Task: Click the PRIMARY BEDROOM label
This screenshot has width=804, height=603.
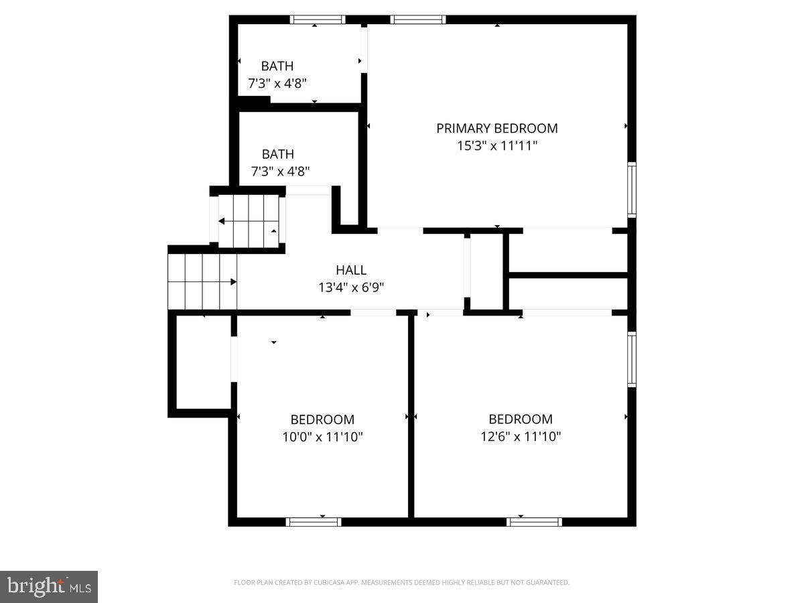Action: click(496, 128)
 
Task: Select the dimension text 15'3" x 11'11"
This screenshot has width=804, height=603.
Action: click(496, 145)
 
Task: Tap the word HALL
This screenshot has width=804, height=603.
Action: click(351, 270)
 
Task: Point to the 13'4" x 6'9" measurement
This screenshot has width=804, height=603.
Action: click(351, 287)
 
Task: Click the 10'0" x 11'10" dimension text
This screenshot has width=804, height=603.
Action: click(322, 437)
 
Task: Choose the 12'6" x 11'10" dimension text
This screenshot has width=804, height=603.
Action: click(521, 437)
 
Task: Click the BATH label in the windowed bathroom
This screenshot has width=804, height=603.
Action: click(277, 66)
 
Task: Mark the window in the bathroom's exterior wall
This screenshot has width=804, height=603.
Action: click(317, 19)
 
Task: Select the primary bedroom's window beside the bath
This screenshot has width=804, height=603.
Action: click(418, 19)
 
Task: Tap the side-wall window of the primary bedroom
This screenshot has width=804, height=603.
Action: click(631, 189)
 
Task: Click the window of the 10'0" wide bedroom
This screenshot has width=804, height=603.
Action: click(314, 521)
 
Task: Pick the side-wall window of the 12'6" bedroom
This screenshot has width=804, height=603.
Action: click(631, 358)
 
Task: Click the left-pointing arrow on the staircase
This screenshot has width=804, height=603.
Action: click(222, 221)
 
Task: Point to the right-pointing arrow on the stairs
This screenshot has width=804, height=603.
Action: click(233, 282)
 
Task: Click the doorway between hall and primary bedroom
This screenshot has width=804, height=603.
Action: click(400, 230)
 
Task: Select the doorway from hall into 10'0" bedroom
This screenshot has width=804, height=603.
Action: click(373, 312)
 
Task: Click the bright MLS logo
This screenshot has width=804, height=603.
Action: click(49, 587)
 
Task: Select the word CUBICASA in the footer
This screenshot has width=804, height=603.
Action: click(328, 583)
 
